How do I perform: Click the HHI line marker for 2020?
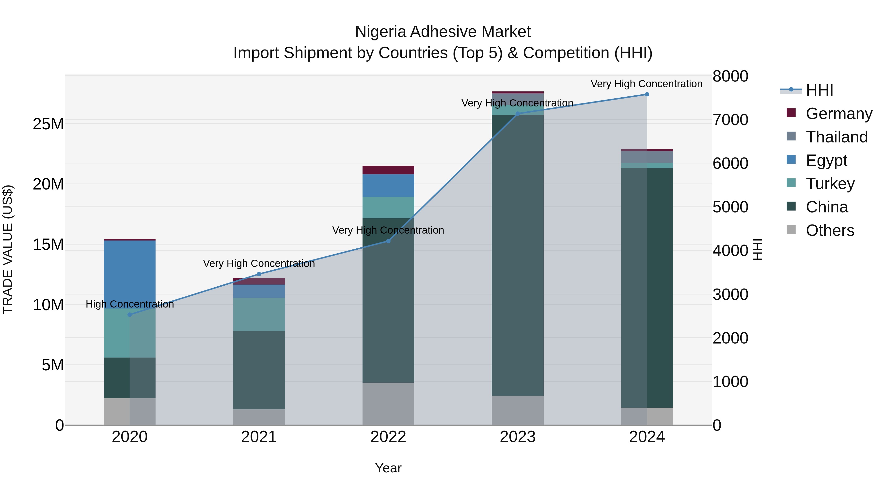click(130, 314)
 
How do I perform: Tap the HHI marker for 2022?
click(388, 241)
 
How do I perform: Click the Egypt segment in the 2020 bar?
click(130, 272)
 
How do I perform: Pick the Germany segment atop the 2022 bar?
click(388, 170)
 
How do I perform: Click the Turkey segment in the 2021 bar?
click(259, 314)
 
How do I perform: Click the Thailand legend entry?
click(837, 137)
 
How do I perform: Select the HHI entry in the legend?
click(819, 90)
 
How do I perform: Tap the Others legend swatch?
click(791, 230)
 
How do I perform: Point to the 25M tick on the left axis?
click(48, 124)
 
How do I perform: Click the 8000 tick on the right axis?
click(730, 76)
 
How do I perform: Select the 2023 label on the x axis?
click(517, 437)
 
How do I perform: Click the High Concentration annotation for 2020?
click(130, 304)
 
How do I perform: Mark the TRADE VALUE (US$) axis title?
click(8, 249)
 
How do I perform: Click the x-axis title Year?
click(388, 468)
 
